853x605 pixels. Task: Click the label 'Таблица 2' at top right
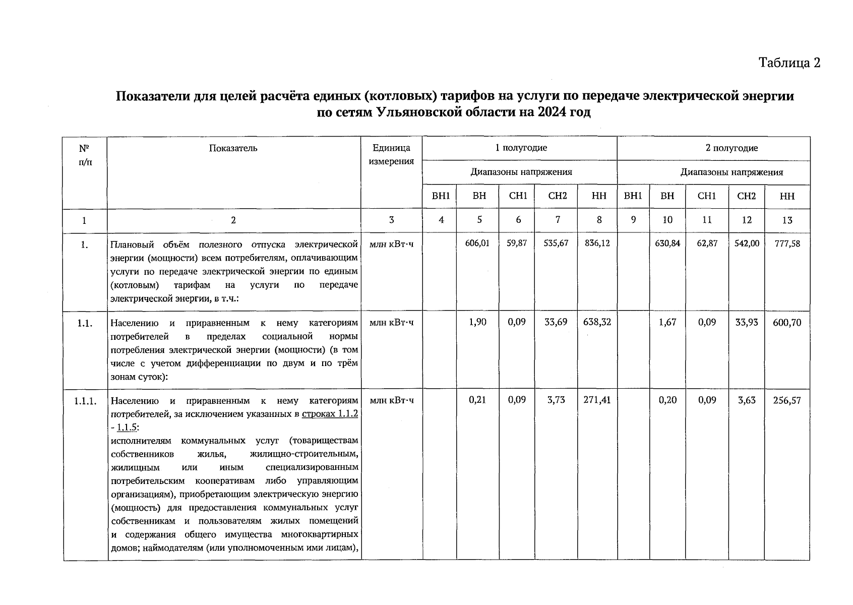pyautogui.click(x=789, y=63)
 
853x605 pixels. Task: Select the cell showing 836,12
pyautogui.click(x=597, y=243)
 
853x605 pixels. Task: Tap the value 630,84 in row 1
pyautogui.click(x=667, y=243)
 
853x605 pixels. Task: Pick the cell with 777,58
pyautogui.click(x=787, y=244)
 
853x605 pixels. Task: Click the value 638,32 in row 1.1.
pyautogui.click(x=597, y=322)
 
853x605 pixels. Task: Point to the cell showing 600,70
pyautogui.click(x=787, y=322)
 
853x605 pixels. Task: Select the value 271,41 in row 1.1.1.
pyautogui.click(x=597, y=400)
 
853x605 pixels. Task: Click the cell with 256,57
pyautogui.click(x=787, y=401)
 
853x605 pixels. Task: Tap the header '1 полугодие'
pyautogui.click(x=520, y=148)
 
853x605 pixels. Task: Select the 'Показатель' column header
pyautogui.click(x=233, y=148)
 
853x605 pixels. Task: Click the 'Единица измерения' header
pyautogui.click(x=391, y=154)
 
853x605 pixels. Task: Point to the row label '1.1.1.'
pyautogui.click(x=85, y=401)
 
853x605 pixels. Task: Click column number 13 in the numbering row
pyautogui.click(x=787, y=220)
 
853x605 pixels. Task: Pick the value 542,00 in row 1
pyautogui.click(x=747, y=243)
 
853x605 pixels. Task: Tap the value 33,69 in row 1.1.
pyautogui.click(x=557, y=322)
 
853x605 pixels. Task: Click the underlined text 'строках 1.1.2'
pyautogui.click(x=330, y=414)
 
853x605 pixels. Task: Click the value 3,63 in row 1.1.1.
pyautogui.click(x=747, y=400)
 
